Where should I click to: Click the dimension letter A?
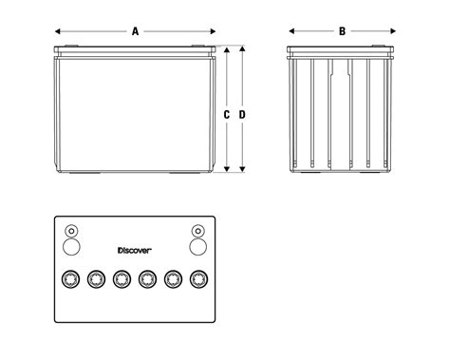136,31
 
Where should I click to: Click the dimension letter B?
342,31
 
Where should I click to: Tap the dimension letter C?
226,115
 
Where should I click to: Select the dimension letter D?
242,115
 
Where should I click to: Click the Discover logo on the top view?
135,251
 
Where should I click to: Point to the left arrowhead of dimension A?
58,31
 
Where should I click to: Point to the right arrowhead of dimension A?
213,31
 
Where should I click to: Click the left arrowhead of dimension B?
291,31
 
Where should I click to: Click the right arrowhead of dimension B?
393,31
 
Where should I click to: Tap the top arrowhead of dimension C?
227,50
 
